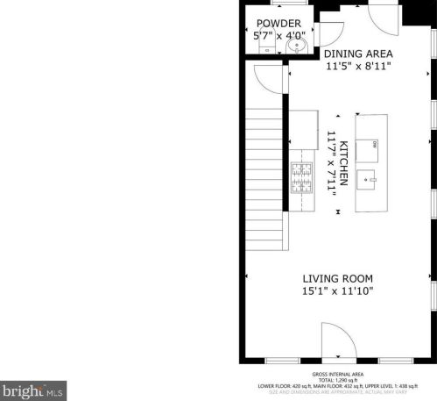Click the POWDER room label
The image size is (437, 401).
pos(278,23)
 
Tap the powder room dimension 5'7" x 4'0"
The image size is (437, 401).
pos(278,37)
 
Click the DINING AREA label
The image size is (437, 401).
pos(358,53)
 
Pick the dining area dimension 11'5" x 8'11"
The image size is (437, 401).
pos(358,66)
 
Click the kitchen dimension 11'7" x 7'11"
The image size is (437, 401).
pos(332,161)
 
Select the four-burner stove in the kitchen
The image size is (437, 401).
pos(302,178)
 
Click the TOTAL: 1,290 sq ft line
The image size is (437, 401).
pos(337,379)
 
